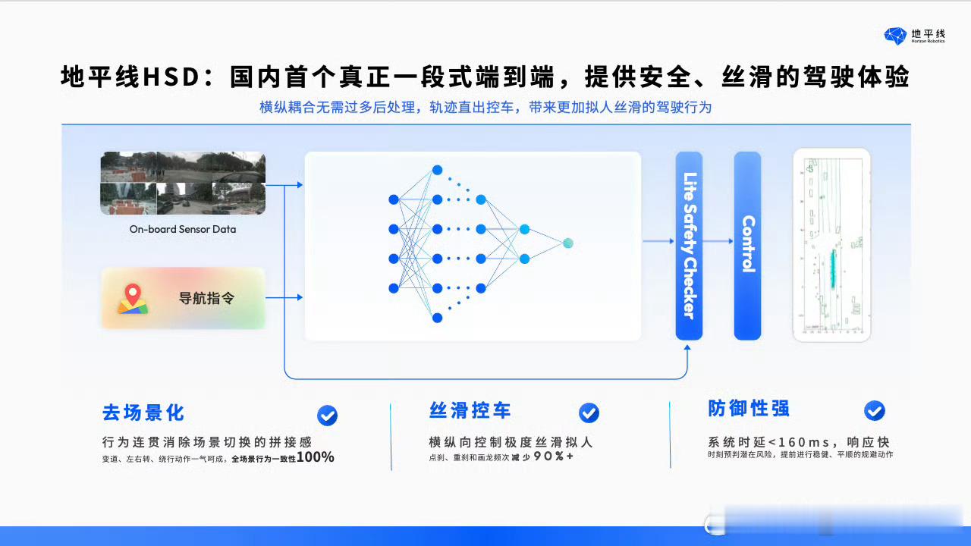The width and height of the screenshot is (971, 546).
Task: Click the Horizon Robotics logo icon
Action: [x=895, y=36]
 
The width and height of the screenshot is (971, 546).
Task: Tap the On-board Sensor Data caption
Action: [x=183, y=229]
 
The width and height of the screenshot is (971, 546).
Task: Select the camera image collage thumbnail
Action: [x=183, y=183]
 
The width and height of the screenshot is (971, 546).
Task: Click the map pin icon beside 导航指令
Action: [x=133, y=298]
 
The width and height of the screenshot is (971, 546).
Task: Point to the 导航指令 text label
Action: [x=206, y=298]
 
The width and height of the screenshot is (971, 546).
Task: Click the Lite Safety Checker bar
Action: [x=689, y=245]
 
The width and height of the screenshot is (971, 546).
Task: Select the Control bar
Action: [x=747, y=245]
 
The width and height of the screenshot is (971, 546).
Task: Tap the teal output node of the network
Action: [x=567, y=243]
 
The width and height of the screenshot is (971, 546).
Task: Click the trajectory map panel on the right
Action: [x=831, y=245]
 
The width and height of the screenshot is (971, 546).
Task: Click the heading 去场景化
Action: [x=143, y=413]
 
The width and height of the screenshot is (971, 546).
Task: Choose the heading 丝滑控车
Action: [x=470, y=411]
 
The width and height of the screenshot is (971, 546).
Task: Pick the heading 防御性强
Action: [x=749, y=409]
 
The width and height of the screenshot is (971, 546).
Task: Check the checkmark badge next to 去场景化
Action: [x=327, y=415]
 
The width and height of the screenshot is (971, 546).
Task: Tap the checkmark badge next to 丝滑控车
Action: [x=589, y=413]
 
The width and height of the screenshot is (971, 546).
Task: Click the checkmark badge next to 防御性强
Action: [x=874, y=410]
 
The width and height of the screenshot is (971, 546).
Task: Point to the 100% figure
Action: [x=315, y=457]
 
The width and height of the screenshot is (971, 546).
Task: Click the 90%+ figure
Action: [x=554, y=457]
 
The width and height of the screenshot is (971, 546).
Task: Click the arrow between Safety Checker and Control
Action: [x=718, y=242]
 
